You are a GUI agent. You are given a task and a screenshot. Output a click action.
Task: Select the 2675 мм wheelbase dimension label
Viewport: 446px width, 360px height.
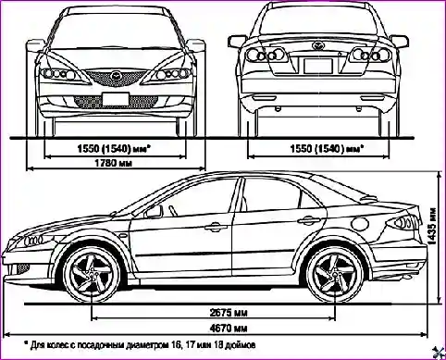click(227, 312)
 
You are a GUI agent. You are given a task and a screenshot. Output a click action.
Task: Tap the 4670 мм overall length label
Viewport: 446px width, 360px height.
click(227, 328)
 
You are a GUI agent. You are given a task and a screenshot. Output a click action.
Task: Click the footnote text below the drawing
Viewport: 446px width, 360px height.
click(139, 343)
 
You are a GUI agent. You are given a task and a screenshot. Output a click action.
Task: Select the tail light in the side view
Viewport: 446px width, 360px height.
click(404, 222)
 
